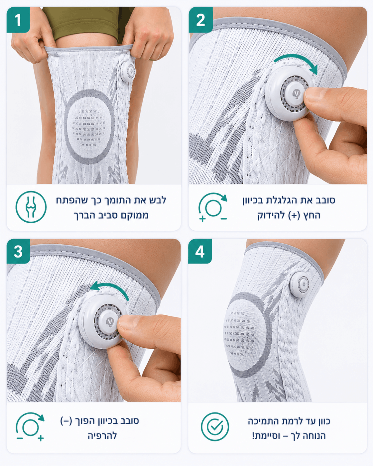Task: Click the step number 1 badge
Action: (x=18, y=20)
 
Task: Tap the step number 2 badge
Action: (x=200, y=20)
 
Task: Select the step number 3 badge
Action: (x=18, y=251)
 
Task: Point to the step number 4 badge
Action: (x=200, y=251)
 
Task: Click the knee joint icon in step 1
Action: (x=31, y=207)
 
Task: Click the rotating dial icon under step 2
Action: (x=213, y=207)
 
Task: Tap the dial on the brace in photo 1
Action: (x=128, y=71)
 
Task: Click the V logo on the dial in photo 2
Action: (x=296, y=93)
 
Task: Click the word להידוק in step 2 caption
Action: (x=271, y=215)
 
